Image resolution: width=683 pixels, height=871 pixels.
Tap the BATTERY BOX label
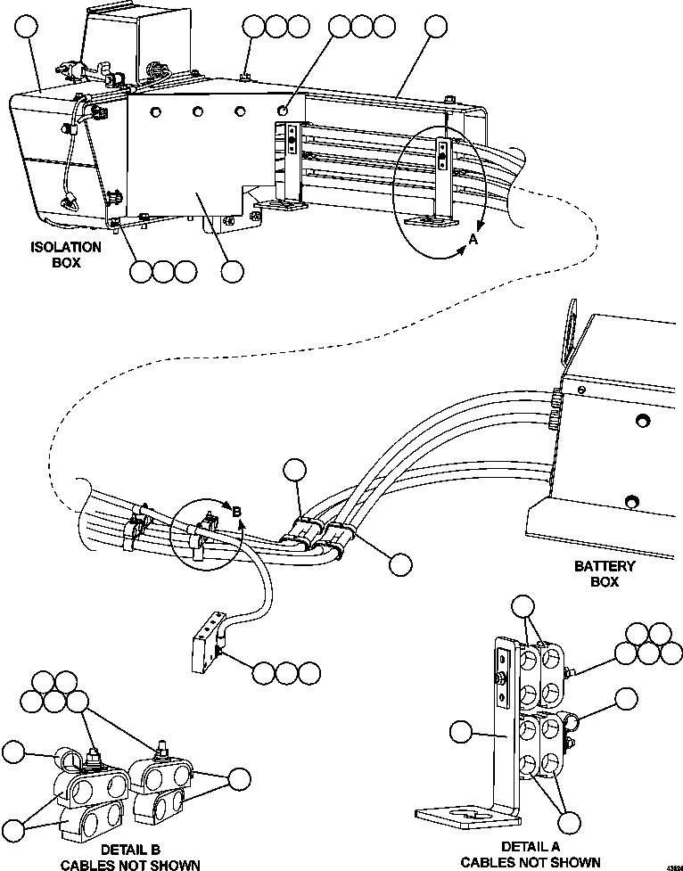coord(605,574)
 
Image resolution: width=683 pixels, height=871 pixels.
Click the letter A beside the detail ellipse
coord(473,240)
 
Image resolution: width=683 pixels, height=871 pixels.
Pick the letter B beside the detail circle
coord(237,512)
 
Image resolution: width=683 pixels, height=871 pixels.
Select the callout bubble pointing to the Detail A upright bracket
coord(461,732)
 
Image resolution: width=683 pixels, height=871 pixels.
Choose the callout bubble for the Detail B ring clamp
coord(14,752)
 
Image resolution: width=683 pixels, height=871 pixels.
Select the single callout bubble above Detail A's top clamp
coord(523,608)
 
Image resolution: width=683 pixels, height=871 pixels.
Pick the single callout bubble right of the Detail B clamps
coord(238,777)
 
